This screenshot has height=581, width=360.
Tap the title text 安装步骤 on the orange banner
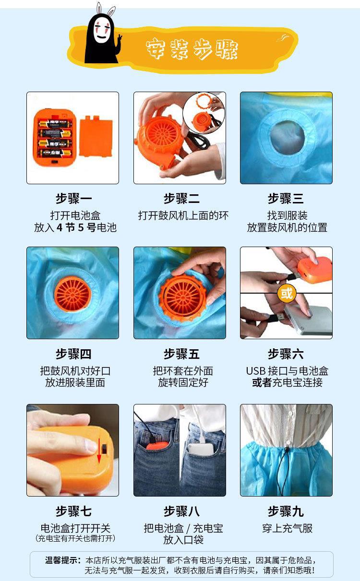[x=192, y=49]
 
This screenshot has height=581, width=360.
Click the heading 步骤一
[x=74, y=199]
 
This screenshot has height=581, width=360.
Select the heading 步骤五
[x=181, y=354]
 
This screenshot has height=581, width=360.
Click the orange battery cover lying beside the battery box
[x=96, y=136]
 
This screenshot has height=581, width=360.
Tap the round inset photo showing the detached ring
[x=204, y=113]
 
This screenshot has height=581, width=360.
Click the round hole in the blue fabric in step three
[x=288, y=136]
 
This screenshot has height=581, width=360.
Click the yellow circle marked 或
[x=287, y=293]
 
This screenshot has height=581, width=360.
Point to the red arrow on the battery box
[x=99, y=451]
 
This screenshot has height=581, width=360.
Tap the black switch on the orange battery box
[x=104, y=449]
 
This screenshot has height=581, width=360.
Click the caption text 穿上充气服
[x=287, y=528]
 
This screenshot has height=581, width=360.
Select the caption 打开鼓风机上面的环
[x=183, y=215]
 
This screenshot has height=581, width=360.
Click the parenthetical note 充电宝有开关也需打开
[x=75, y=538]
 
